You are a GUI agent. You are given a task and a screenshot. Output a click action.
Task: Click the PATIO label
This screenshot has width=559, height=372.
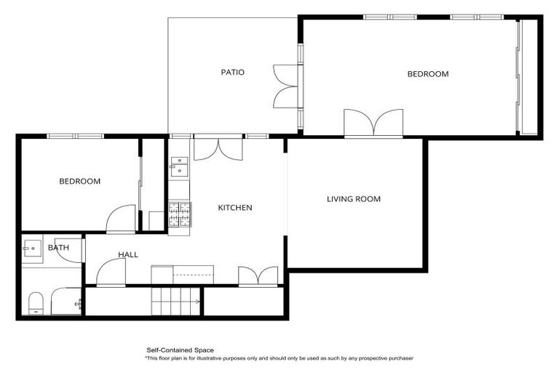tap(233, 73)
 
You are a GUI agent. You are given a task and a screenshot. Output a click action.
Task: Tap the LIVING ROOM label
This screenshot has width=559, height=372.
tap(353, 199)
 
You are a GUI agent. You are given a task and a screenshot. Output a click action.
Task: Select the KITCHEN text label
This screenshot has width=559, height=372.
tap(235, 208)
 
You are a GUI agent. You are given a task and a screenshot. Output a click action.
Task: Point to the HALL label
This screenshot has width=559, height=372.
tap(128, 254)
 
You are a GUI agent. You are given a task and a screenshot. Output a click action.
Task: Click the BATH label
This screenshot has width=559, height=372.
tap(58, 248)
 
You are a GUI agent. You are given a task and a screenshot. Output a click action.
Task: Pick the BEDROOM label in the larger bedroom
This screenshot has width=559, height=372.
tap(427, 74)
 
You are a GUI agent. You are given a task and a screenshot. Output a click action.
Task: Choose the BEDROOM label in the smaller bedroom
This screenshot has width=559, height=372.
tap(79, 182)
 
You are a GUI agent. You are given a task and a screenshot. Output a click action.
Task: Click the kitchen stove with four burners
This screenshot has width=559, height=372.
tap(179, 215)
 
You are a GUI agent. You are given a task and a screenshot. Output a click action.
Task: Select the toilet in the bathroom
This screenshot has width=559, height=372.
tap(36, 303)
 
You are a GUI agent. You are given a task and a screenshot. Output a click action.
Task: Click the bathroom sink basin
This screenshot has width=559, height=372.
tap(32, 248)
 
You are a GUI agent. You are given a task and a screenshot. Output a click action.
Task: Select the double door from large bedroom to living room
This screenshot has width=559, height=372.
tap(373, 124)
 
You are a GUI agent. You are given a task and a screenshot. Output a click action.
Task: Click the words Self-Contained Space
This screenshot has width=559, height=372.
tap(180, 350)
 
